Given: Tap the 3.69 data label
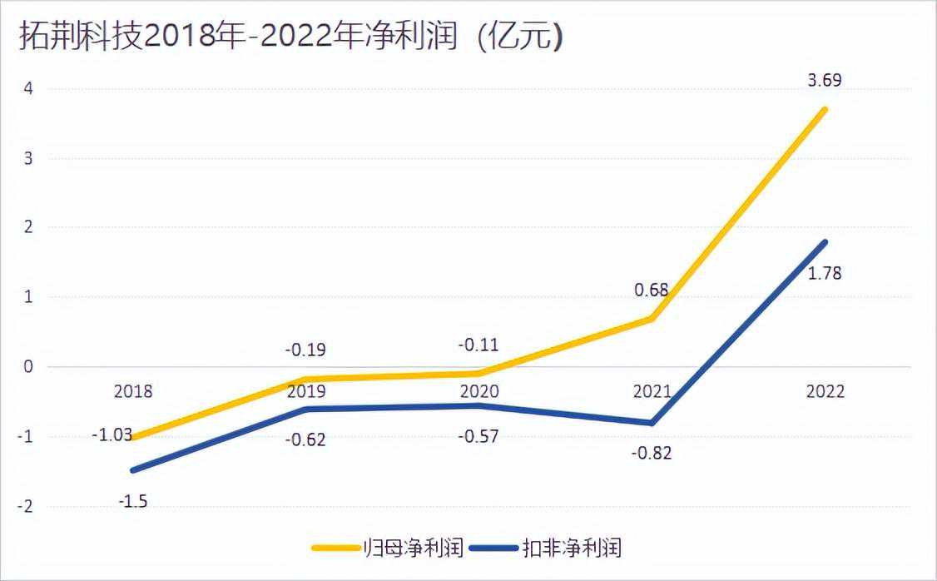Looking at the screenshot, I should click(x=824, y=81).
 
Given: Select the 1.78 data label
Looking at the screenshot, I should click(x=825, y=272).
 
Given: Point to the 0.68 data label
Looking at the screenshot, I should click(x=652, y=290).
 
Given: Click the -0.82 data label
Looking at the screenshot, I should click(x=652, y=454).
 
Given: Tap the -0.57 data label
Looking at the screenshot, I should click(x=478, y=435).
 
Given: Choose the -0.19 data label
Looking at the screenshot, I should click(x=305, y=350).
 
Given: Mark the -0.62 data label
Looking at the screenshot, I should click(x=305, y=439).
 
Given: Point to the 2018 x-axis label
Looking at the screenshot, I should click(x=133, y=392).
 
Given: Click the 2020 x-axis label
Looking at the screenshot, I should click(x=478, y=392).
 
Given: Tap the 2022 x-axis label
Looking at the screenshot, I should click(x=825, y=392).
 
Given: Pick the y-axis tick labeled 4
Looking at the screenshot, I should click(x=27, y=88).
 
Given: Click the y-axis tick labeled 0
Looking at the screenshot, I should click(x=27, y=367).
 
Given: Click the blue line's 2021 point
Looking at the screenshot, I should click(x=652, y=423).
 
